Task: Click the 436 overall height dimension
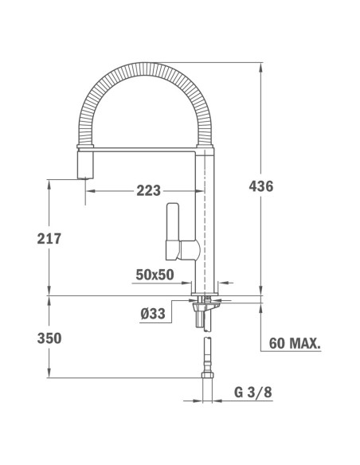pyautogui.click(x=261, y=187)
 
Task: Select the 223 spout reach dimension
pyautogui.click(x=148, y=190)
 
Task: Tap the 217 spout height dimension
pyautogui.click(x=49, y=238)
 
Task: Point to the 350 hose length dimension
pyautogui.click(x=49, y=338)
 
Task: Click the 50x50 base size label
pyautogui.click(x=155, y=274)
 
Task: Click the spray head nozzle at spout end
pyautogui.click(x=84, y=167)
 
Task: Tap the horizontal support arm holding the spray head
pyautogui.click(x=143, y=149)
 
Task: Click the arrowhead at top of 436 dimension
pyautogui.click(x=262, y=66)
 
